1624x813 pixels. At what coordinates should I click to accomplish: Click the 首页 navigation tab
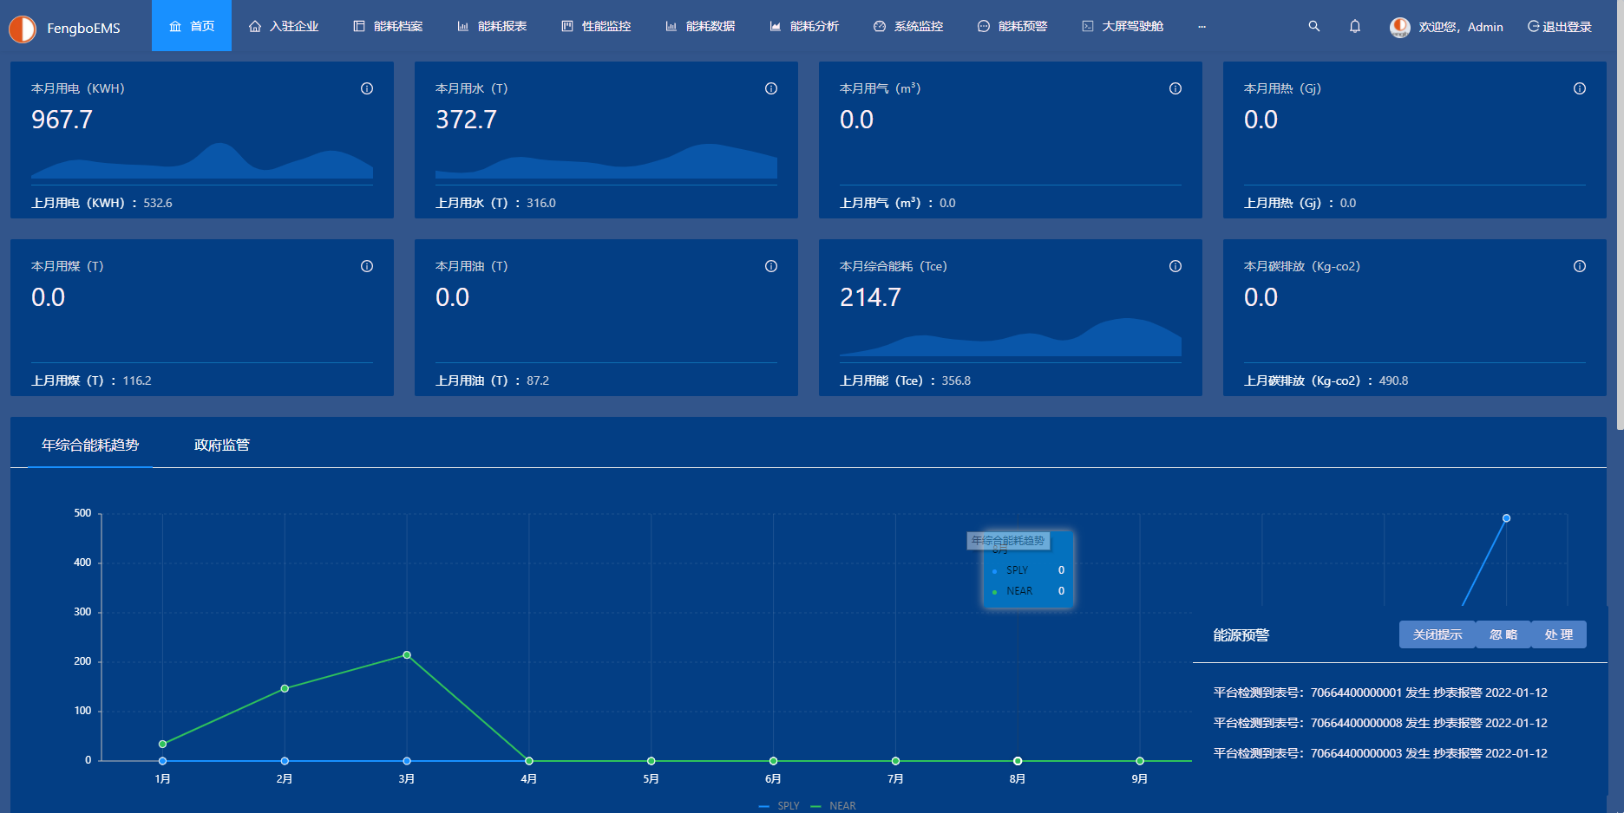[192, 26]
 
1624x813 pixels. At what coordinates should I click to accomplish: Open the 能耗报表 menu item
[492, 26]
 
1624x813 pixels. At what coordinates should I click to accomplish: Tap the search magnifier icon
[1314, 26]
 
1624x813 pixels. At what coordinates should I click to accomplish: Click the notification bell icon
[1355, 26]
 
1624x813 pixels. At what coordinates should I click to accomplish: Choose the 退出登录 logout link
[1560, 27]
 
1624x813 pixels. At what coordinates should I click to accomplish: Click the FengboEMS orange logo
[23, 29]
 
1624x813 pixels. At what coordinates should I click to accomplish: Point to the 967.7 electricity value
[62, 120]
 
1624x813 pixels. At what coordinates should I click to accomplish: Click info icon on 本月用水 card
[771, 88]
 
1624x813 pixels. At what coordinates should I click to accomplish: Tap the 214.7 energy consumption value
[870, 297]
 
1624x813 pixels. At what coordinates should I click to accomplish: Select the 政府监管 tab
[222, 445]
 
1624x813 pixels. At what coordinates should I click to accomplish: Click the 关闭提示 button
[1437, 634]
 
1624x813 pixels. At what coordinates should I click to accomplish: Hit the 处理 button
[1558, 634]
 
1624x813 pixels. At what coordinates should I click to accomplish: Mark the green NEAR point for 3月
[407, 655]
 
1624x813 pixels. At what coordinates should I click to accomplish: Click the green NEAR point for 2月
[285, 688]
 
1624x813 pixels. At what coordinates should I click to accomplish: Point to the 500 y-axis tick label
[82, 513]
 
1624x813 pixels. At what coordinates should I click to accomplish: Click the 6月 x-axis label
[773, 779]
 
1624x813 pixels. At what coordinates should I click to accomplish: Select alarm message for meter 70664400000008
[1379, 723]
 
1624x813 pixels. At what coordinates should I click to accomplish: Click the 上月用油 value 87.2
[538, 380]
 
